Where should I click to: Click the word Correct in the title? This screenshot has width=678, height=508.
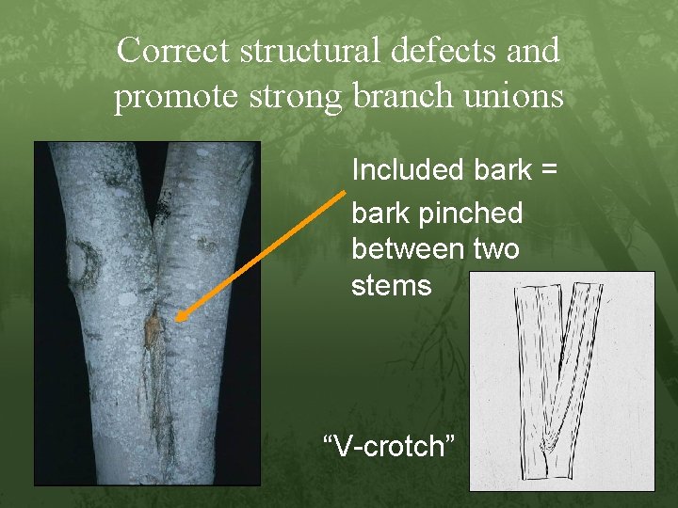tap(174, 50)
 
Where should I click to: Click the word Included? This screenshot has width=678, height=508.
tap(404, 170)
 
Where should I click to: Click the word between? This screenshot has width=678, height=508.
tap(408, 248)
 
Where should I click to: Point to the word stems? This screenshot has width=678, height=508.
tap(391, 284)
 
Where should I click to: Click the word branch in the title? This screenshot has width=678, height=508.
tap(405, 97)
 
